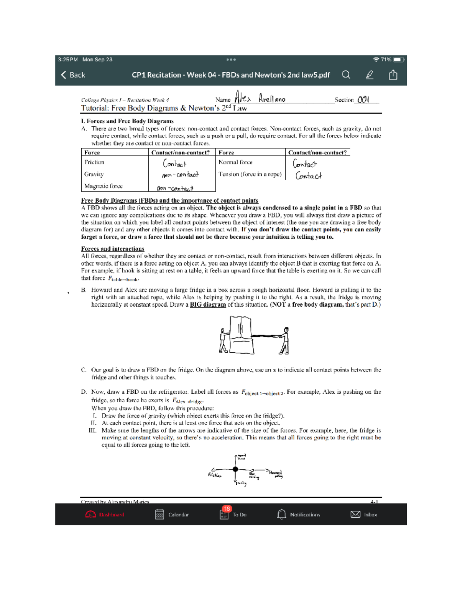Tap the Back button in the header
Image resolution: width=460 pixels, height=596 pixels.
tap(73, 75)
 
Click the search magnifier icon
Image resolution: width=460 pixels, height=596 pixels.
tap(346, 75)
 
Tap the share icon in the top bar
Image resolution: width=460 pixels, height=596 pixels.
tap(393, 75)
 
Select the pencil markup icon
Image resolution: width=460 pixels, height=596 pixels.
tap(370, 75)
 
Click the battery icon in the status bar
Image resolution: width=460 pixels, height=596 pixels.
tap(398, 59)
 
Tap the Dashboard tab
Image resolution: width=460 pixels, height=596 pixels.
tap(105, 515)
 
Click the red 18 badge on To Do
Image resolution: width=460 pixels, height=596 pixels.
tap(227, 509)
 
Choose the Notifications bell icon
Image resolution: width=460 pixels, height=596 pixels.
tap(281, 514)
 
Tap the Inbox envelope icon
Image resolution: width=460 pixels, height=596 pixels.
tap(355, 514)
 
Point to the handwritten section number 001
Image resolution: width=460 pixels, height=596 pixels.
tap(363, 100)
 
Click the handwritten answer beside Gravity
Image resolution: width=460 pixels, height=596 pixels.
tap(180, 175)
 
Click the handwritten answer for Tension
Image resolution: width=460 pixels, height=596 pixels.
tap(309, 176)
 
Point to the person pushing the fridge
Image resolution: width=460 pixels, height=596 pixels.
tap(223, 340)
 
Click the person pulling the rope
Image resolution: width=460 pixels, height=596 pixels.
tap(284, 340)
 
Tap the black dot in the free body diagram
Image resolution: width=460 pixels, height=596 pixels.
tap(235, 469)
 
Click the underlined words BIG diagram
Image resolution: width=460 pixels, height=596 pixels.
tap(208, 305)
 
